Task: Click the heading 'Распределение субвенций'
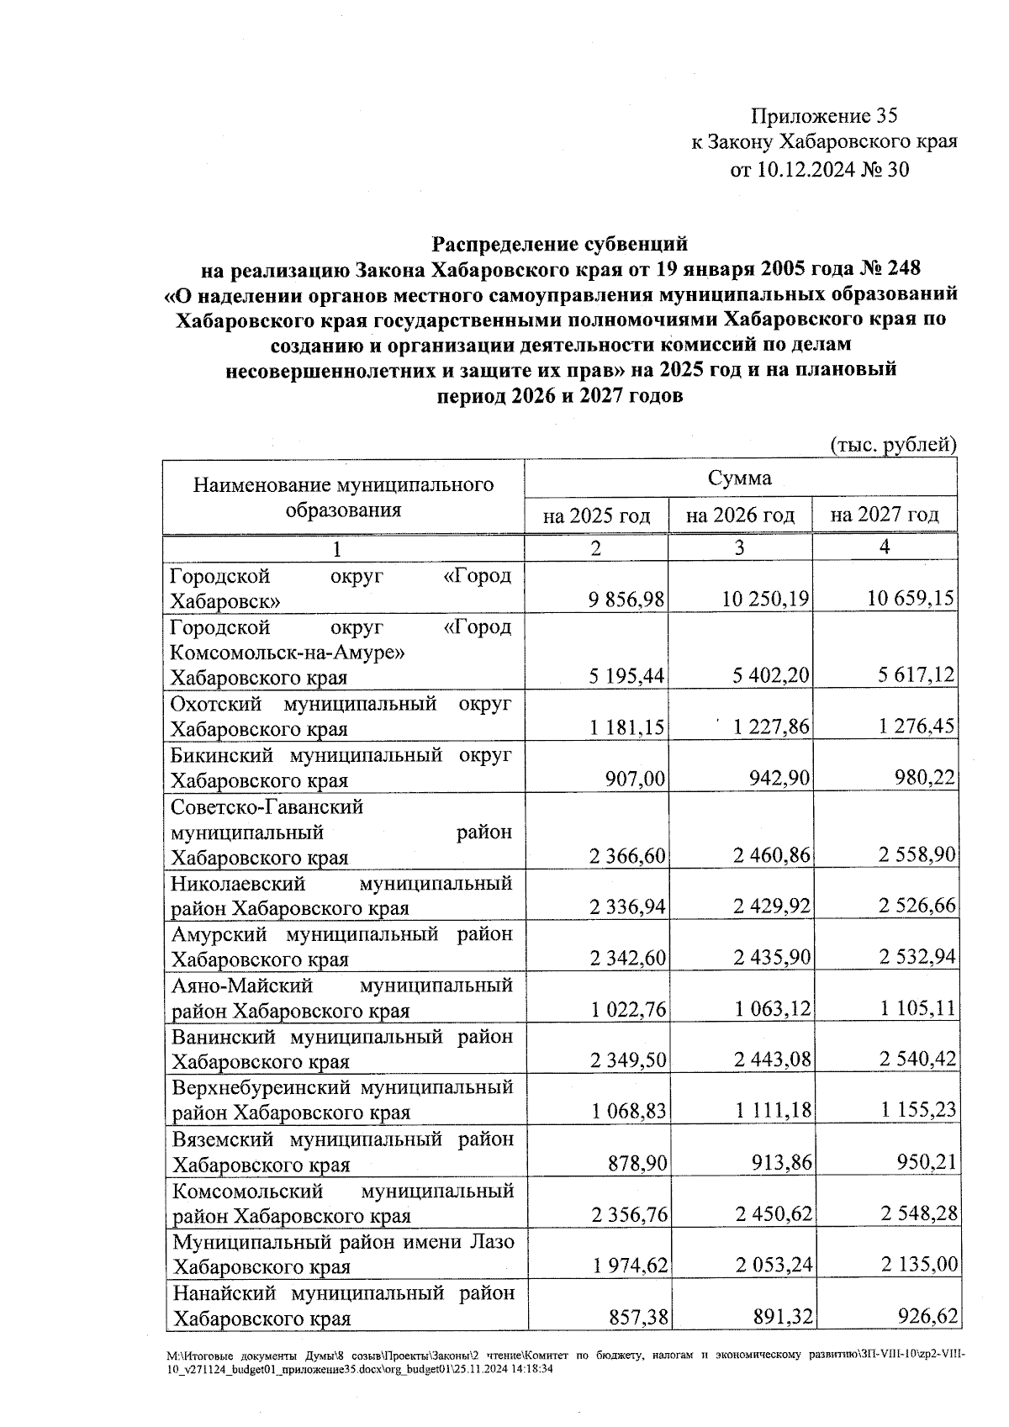560,244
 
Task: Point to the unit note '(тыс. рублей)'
893,445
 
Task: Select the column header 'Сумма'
739,478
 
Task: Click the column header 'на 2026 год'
739,515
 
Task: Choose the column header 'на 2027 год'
884,515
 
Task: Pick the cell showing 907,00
636,779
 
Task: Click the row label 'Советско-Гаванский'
267,807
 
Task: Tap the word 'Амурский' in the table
219,934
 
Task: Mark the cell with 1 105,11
917,1008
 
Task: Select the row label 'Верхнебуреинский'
261,1087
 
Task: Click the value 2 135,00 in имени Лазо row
917,1265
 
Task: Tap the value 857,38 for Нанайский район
636,1317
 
